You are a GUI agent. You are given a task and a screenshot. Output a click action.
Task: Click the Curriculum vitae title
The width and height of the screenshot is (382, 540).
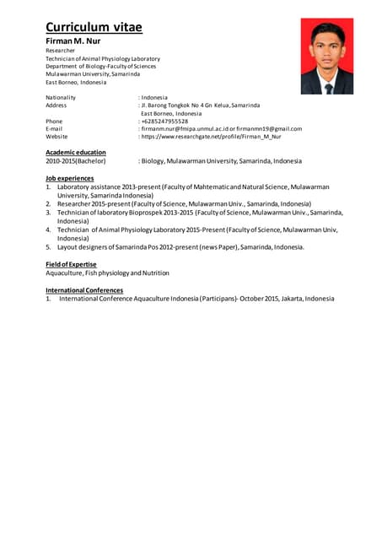tap(94, 28)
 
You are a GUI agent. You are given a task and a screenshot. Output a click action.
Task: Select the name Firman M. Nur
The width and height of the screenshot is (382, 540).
tap(73, 40)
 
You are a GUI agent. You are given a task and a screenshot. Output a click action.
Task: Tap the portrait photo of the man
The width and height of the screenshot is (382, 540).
tap(326, 57)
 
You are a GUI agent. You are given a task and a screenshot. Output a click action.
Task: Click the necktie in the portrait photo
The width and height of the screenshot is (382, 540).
tap(328, 86)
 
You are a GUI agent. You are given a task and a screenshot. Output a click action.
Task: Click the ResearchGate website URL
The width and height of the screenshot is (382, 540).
tap(211, 137)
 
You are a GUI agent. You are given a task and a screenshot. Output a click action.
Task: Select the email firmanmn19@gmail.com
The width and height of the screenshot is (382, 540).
tap(271, 129)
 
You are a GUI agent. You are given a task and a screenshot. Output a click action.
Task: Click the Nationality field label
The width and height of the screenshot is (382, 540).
tap(60, 98)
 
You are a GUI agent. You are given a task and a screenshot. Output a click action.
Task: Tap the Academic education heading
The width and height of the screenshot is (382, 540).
tap(75, 152)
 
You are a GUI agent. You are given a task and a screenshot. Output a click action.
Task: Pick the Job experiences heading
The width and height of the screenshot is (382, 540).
tap(71, 179)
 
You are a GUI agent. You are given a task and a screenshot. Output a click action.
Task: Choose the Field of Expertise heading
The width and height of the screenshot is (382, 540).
tap(72, 265)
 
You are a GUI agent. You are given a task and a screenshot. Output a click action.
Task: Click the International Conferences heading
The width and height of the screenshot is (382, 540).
tap(83, 290)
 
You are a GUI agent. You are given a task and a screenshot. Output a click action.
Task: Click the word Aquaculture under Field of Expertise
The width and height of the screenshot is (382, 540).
tap(64, 273)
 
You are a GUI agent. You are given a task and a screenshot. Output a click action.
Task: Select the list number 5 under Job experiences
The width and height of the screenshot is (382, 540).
tap(48, 247)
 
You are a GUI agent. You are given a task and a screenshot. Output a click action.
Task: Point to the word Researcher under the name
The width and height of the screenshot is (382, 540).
tap(60, 51)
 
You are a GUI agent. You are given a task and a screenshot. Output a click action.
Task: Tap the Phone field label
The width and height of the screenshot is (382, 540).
tap(53, 121)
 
